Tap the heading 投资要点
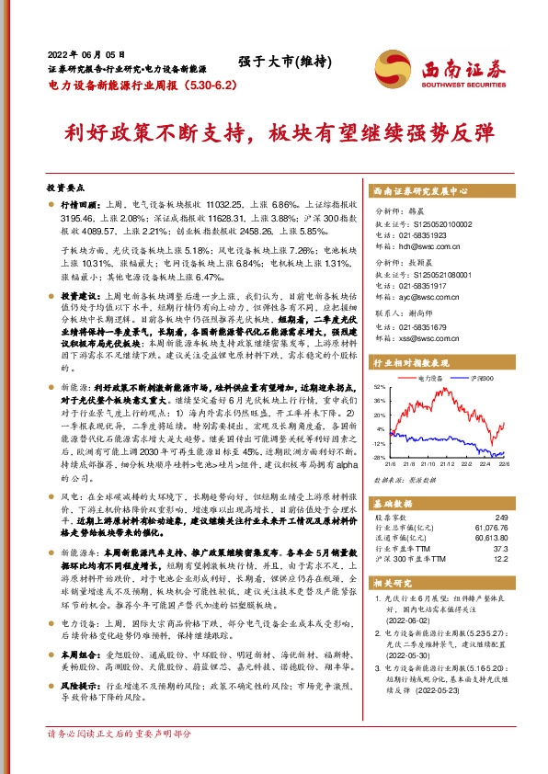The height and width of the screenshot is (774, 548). click(x=66, y=185)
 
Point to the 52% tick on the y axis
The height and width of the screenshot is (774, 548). click(x=380, y=388)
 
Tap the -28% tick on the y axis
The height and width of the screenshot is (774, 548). click(x=380, y=457)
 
